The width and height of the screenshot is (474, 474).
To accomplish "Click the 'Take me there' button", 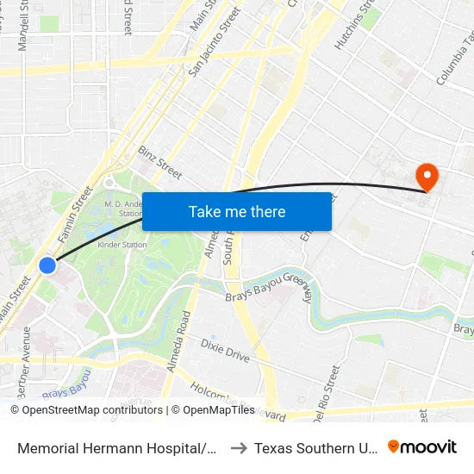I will tap(237, 211).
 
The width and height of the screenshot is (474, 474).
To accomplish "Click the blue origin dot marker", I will tap(48, 265).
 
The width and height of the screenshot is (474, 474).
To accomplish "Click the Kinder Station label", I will tap(123, 245).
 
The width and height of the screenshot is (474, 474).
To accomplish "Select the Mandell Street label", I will tap(24, 26).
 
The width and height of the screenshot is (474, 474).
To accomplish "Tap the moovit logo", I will tap(422, 447).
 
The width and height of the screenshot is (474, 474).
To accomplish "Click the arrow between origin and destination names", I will tap(239, 448).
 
